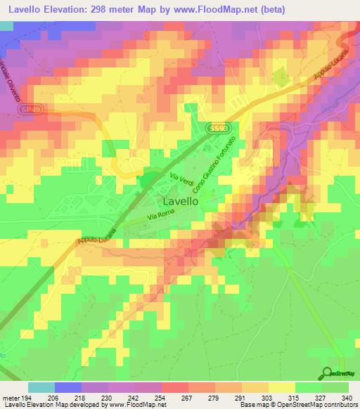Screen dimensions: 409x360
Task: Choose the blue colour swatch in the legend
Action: pyautogui.click(x=68, y=387)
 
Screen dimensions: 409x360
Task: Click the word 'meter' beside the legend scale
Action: pyautogui.click(x=9, y=398)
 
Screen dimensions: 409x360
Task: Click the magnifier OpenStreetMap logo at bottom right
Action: pyautogui.click(x=327, y=373)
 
